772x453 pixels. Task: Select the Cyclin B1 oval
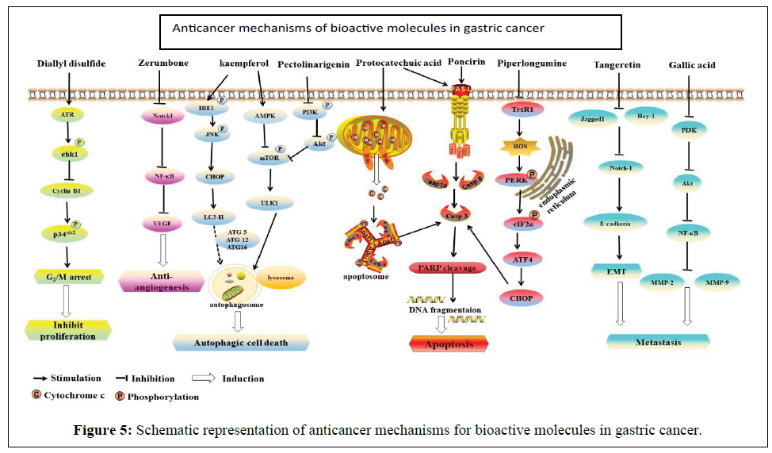pyautogui.click(x=67, y=190)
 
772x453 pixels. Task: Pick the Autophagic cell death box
pyautogui.click(x=241, y=343)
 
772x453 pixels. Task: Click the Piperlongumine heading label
pyautogui.click(x=532, y=63)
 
